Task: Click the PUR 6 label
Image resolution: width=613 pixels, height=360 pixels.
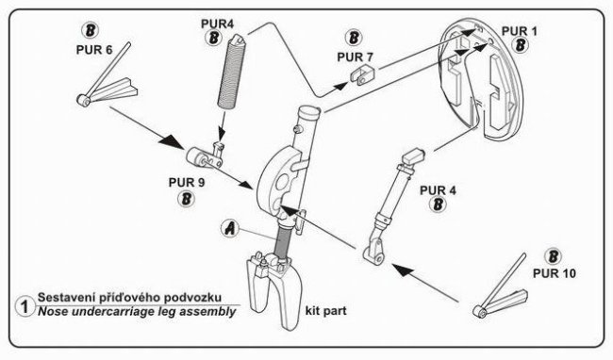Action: (x=93, y=50)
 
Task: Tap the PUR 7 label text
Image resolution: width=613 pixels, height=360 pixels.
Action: (x=355, y=57)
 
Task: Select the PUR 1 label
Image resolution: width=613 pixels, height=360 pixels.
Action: (x=520, y=31)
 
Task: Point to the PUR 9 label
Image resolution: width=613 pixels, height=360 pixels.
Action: (x=187, y=182)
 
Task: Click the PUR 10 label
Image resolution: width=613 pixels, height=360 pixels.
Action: (x=555, y=273)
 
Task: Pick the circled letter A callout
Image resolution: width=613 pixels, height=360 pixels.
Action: (x=230, y=228)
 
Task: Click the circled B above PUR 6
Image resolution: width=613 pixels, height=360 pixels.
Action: (x=91, y=30)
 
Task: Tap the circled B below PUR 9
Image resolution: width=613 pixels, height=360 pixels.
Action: (x=186, y=198)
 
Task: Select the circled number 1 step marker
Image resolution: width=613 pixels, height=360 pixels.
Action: (x=25, y=307)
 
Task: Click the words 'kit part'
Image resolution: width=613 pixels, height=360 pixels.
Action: (x=325, y=311)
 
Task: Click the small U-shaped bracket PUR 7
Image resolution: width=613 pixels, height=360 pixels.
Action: (x=362, y=75)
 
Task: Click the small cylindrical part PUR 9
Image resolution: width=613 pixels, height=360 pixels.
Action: (x=204, y=156)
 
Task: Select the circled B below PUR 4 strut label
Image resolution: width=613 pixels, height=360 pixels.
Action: (x=438, y=204)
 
